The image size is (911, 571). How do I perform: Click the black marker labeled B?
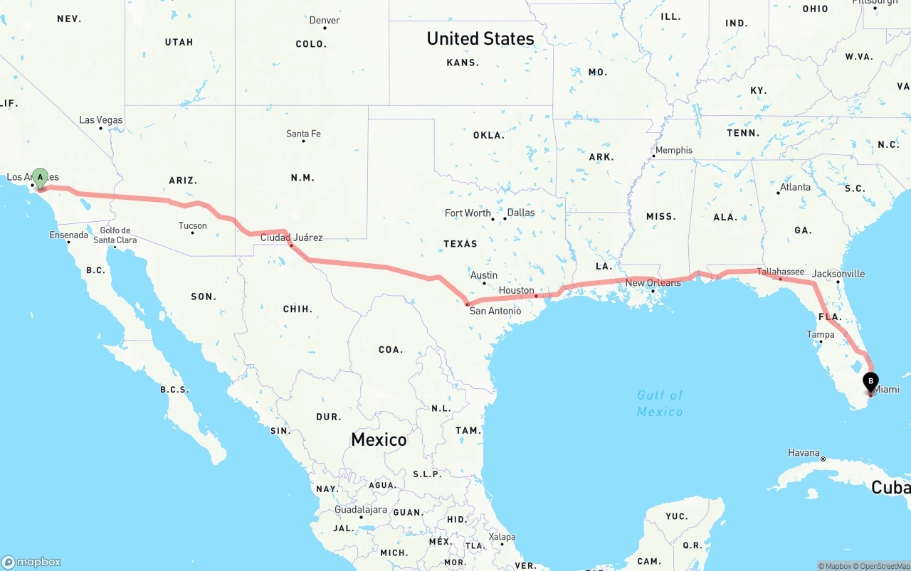tap(870, 383)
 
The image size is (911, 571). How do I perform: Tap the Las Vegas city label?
tap(100, 120)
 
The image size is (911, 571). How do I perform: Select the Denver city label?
tap(325, 20)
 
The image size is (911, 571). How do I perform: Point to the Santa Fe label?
tap(303, 134)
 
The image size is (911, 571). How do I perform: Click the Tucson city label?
tap(192, 226)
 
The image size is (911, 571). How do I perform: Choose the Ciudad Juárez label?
tap(291, 238)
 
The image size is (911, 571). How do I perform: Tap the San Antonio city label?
tap(495, 311)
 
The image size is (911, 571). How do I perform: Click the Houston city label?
tap(516, 290)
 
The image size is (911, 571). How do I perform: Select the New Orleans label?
tap(653, 282)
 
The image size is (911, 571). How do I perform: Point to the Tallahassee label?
tap(780, 272)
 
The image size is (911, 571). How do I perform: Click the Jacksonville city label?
tap(838, 274)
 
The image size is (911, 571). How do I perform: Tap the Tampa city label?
tap(821, 334)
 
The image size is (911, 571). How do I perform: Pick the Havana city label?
tap(804, 453)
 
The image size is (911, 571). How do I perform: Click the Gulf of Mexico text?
tap(660, 403)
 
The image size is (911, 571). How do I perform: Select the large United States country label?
tap(480, 38)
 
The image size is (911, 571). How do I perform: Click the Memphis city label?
tap(673, 150)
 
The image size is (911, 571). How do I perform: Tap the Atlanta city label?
tap(794, 187)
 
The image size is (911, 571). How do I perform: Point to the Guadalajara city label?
tap(361, 510)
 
